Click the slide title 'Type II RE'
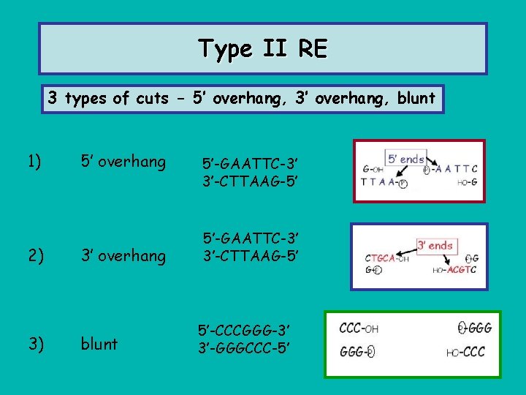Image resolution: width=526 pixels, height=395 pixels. point(263,49)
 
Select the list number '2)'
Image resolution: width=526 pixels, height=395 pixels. point(34,255)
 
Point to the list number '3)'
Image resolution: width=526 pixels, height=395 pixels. point(34,343)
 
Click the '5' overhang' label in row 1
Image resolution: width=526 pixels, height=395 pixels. point(123,162)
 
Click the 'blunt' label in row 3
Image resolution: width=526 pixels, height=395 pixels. point(99,343)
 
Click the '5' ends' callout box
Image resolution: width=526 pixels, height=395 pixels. point(405,159)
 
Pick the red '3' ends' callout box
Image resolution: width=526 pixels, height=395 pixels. point(435,245)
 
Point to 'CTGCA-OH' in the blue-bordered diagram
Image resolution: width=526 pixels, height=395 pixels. point(386,258)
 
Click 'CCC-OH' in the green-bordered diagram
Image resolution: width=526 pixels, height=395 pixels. point(359,329)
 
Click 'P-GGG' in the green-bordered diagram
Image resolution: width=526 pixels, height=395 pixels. point(475,329)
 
